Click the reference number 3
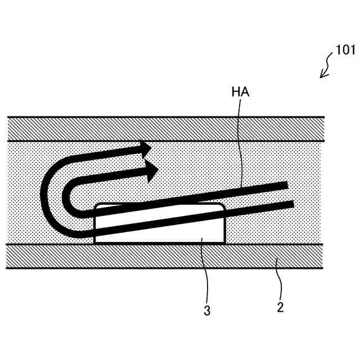(x=207, y=310)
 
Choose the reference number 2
(x=280, y=307)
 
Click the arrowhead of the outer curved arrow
(x=146, y=148)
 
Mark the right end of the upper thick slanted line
(x=287, y=184)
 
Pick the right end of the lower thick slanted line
(x=292, y=202)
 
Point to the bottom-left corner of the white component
(x=94, y=242)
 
